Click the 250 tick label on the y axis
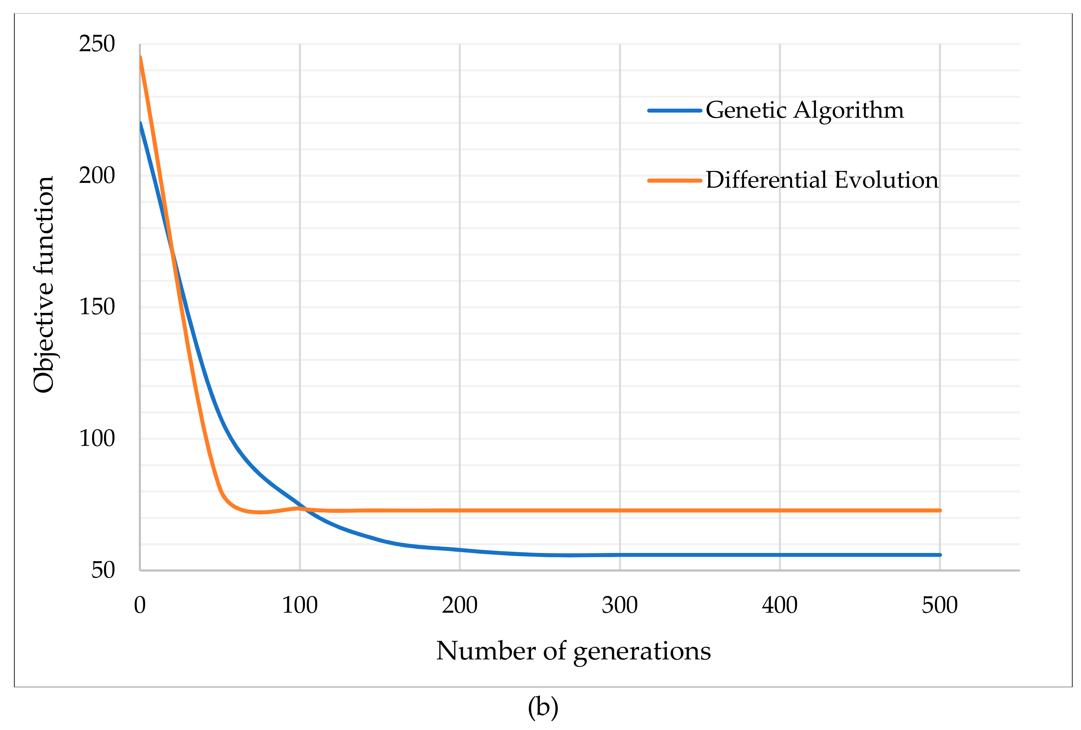[97, 44]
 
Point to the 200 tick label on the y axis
[97, 176]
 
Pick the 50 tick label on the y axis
[103, 570]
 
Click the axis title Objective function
[44, 284]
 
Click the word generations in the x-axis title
[642, 652]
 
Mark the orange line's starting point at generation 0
[140, 58]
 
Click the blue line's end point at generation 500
[940, 555]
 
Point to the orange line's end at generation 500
[940, 511]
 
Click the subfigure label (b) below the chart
[543, 707]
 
